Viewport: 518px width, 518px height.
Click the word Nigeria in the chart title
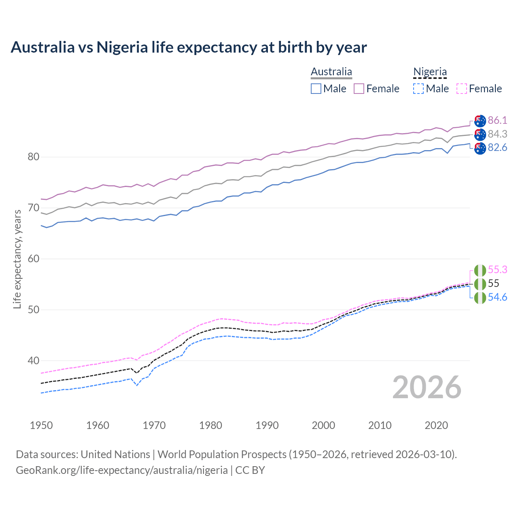(x=122, y=47)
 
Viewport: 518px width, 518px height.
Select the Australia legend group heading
(x=331, y=72)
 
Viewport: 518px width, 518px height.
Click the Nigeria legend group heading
(x=430, y=72)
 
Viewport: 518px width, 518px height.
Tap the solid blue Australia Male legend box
(x=316, y=89)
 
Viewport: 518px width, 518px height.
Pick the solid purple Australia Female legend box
(x=359, y=89)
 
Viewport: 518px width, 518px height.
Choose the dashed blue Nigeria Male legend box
(x=418, y=89)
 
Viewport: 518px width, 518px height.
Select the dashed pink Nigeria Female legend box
(x=461, y=89)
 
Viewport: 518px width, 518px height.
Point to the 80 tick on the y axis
(x=33, y=157)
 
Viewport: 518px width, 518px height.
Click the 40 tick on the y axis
(x=33, y=361)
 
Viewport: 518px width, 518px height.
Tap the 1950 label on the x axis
(x=41, y=425)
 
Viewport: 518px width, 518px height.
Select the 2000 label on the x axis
(x=323, y=425)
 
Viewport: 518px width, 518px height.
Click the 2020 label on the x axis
(x=436, y=425)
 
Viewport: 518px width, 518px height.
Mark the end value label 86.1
(x=497, y=120)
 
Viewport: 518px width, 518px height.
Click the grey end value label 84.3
(x=497, y=134)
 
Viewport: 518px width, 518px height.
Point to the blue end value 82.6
(x=497, y=148)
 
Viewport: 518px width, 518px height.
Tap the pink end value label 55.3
(x=497, y=270)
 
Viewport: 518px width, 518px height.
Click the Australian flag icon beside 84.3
(x=480, y=134)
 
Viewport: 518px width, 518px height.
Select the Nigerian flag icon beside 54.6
(x=480, y=298)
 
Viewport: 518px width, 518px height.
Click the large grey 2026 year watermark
(x=427, y=387)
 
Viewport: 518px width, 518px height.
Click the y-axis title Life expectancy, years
(x=17, y=259)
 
